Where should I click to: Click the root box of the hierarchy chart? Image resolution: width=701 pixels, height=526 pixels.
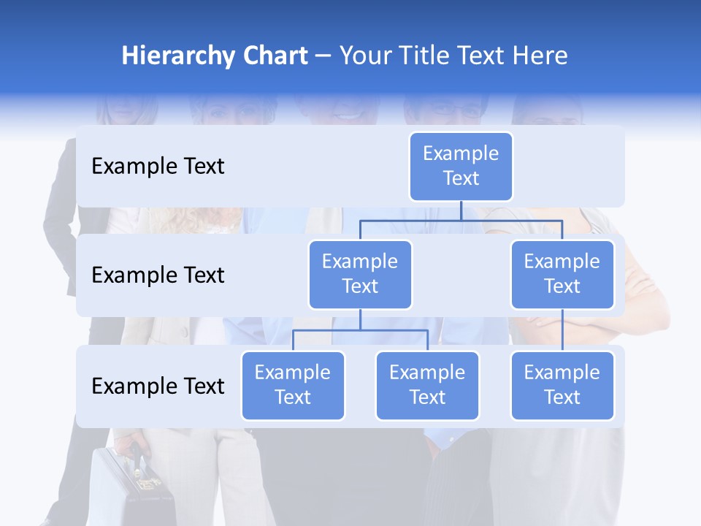461,166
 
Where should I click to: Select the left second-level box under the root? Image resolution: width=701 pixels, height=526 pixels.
360,274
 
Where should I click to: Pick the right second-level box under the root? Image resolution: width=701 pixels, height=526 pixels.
562,274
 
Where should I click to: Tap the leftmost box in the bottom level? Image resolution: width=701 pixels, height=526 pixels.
293,385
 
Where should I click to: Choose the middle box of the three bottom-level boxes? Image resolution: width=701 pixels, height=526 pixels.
427,385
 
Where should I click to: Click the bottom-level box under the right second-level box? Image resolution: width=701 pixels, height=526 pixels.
562,385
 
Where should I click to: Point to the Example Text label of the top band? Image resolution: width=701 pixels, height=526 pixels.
158,167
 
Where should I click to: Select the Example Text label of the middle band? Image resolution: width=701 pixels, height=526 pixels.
158,275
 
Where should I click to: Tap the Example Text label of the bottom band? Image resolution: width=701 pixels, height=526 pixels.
158,386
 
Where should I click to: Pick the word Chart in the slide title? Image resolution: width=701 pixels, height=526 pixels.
275,56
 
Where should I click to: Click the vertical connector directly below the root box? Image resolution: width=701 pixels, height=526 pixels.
461,210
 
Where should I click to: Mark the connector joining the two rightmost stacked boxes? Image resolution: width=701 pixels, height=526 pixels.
562,329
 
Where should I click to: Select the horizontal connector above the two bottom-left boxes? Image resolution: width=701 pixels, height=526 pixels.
360,330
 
